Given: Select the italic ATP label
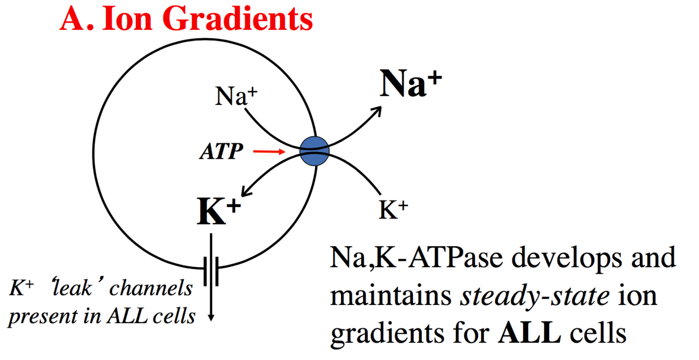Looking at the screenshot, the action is click(x=222, y=152).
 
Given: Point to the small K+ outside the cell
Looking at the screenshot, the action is click(x=393, y=210).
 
